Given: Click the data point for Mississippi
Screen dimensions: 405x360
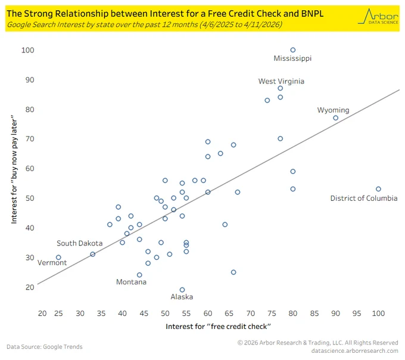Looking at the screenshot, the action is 292,50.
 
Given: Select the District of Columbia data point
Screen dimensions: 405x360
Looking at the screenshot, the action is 378,189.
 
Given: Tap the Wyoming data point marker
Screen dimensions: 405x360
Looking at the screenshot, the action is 335,118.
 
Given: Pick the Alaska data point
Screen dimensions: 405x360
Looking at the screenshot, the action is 182,290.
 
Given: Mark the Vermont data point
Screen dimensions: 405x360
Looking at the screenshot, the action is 58,257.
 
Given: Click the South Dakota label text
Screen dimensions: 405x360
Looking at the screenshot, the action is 80,243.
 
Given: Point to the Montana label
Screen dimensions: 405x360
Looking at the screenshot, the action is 131,282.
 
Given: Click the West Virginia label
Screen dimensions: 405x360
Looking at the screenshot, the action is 281,81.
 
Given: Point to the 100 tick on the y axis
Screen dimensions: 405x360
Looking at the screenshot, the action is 27,50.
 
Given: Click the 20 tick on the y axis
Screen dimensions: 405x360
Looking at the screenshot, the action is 30,287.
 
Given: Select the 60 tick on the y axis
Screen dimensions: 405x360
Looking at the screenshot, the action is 30,169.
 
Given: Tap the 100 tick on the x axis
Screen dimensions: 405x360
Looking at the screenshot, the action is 378,314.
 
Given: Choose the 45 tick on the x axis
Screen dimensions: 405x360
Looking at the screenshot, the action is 144,314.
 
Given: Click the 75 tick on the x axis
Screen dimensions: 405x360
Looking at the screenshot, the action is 272,314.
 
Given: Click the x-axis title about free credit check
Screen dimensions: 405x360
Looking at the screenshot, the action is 218,327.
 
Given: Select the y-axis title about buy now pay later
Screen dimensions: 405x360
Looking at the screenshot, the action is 14,169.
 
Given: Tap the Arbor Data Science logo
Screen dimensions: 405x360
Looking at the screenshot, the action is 378,16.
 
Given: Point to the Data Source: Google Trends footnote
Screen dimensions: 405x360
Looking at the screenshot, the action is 45,346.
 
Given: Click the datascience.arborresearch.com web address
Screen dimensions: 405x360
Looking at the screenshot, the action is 354,350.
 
